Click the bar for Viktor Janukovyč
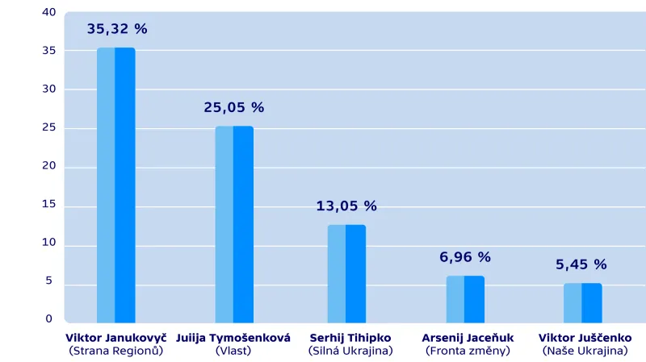115,185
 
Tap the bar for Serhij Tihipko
346,273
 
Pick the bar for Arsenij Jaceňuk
465,299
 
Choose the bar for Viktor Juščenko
582,302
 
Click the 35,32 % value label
117,29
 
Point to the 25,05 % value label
234,107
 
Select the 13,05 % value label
346,206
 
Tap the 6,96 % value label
465,257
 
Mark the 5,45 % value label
581,264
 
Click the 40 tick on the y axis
49,12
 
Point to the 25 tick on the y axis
49,127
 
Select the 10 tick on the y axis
49,243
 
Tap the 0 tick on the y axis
49,319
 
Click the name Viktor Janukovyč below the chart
115,338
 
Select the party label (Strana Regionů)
115,351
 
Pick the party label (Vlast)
233,351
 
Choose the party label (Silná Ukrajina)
350,351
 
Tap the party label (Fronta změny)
468,351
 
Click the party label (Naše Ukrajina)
585,351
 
